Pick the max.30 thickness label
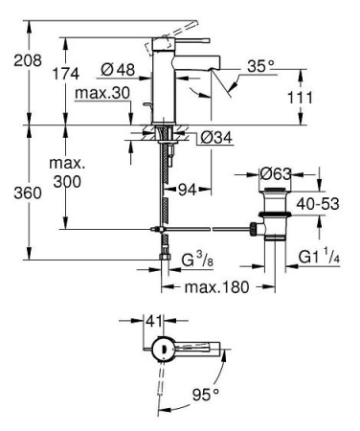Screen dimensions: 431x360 click(101, 91)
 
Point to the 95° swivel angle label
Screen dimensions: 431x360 click(204, 392)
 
